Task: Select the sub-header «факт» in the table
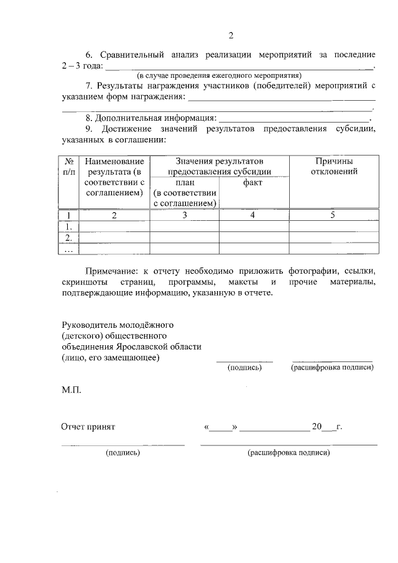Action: click(253, 183)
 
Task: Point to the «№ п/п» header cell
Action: click(70, 166)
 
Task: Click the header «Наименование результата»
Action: click(114, 177)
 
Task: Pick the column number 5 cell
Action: click(333, 215)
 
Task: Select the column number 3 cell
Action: click(184, 215)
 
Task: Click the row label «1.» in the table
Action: click(69, 226)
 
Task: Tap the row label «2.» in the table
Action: click(69, 238)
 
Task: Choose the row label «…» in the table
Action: click(69, 249)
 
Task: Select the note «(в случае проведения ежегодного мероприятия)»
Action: click(220, 75)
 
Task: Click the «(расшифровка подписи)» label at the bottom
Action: click(289, 453)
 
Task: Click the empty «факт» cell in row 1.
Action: click(253, 226)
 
